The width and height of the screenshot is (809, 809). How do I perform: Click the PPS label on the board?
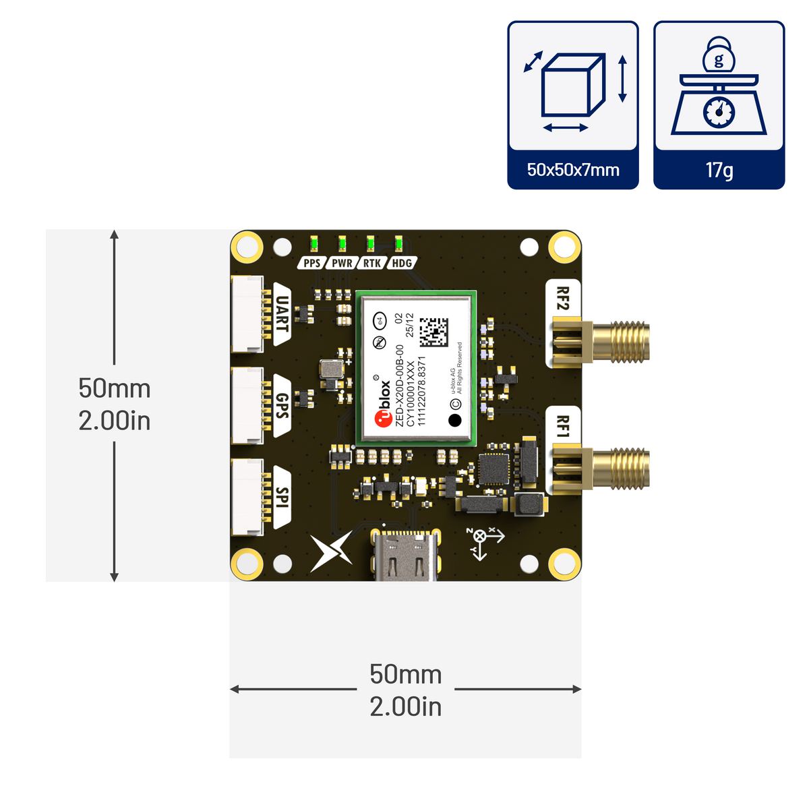click(x=311, y=263)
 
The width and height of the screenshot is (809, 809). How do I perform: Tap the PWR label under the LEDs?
click(x=342, y=263)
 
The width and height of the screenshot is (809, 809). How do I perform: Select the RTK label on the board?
click(x=372, y=263)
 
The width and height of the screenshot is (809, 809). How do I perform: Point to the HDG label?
click(x=402, y=263)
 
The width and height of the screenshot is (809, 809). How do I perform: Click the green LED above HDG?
click(x=398, y=243)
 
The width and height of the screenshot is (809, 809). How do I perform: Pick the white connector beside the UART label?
click(x=247, y=313)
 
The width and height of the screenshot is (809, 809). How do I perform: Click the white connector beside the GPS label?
click(x=247, y=405)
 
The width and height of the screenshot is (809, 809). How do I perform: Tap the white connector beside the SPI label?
click(x=247, y=497)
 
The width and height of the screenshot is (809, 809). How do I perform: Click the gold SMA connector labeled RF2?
click(x=601, y=342)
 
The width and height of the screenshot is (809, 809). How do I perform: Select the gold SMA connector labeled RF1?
click(x=601, y=469)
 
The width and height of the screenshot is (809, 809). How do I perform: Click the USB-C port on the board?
click(x=406, y=555)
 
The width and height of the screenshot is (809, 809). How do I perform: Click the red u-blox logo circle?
click(x=383, y=419)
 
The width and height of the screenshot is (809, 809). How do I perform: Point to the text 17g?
click(x=719, y=170)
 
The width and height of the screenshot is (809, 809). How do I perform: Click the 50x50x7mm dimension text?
click(x=573, y=170)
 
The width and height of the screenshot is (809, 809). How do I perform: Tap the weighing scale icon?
click(x=719, y=86)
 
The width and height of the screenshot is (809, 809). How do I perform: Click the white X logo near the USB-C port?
click(x=331, y=551)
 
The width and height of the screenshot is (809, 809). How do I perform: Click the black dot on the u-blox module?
click(x=455, y=420)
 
